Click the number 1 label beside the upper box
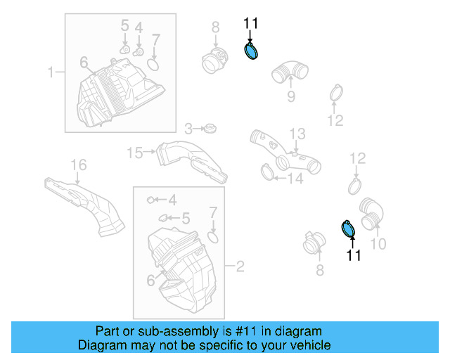51,72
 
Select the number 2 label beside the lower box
240,266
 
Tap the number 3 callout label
188,129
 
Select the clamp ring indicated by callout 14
266,170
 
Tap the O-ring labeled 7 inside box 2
214,235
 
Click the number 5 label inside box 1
124,27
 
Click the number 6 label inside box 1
84,63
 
